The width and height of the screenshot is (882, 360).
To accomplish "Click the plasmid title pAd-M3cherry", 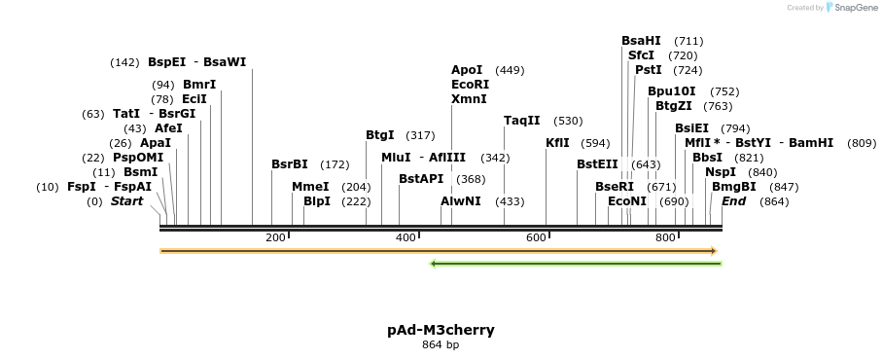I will pos(441,330).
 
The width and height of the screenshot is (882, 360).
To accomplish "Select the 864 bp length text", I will pos(441,344).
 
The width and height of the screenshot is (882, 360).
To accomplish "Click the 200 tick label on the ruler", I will pos(275,238).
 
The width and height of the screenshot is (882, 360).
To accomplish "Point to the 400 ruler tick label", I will pos(406,238).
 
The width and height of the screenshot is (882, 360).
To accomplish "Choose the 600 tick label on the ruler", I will pos(536,238).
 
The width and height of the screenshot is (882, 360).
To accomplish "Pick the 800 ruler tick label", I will pos(666,238).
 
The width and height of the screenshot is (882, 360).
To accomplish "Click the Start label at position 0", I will pos(126,201).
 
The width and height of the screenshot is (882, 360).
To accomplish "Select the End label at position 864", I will pos(734,201).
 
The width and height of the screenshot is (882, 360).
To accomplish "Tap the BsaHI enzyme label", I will pos(641,41).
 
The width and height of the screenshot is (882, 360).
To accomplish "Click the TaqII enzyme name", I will pos(521,121).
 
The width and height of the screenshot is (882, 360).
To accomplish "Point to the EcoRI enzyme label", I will pos(471,85).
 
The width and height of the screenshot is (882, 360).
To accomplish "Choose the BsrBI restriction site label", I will pos(289,164).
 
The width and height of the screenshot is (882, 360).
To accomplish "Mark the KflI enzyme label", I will pos(557,143).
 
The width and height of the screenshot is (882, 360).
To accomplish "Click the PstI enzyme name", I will pos(648,70).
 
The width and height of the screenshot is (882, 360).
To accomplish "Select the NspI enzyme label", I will pos(721,172).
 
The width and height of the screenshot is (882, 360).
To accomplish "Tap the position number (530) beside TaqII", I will pos(568,122).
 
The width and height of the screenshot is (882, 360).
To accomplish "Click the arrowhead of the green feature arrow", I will pos(434,263).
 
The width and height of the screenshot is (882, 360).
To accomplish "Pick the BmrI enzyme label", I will pos(199,85).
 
